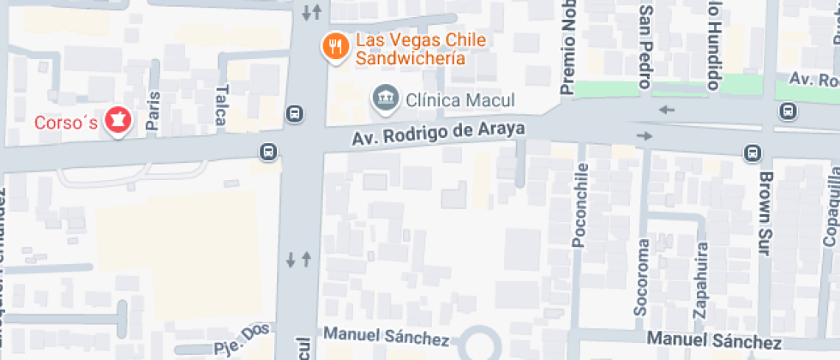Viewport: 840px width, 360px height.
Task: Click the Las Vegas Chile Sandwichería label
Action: click(409, 50)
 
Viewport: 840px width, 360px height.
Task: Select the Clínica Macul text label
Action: click(446, 99)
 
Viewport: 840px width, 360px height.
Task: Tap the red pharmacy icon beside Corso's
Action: click(117, 122)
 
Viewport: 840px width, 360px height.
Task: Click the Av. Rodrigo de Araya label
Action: click(438, 135)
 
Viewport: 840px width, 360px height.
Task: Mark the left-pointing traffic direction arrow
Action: click(667, 109)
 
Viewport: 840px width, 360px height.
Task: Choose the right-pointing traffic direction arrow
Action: click(645, 136)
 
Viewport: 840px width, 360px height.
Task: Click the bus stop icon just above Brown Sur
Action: click(753, 153)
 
